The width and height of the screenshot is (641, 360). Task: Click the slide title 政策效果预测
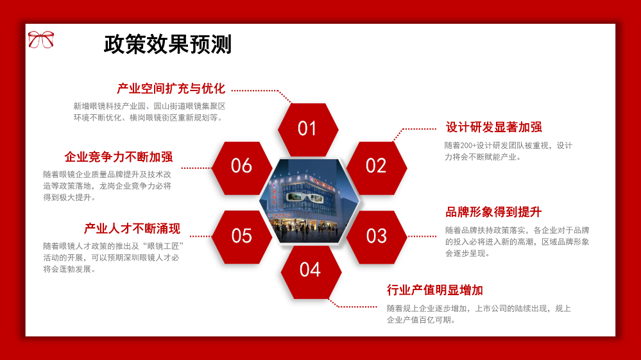click(167, 44)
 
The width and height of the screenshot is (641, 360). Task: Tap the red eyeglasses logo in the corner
click(41, 39)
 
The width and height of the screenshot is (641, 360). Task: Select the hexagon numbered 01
click(307, 129)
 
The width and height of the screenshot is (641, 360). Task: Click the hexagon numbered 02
click(376, 166)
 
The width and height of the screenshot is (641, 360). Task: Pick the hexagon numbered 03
click(377, 236)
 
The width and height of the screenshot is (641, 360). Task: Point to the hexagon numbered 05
click(242, 236)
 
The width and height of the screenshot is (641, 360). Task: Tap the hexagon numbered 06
click(242, 166)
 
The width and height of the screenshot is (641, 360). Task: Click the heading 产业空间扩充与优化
click(171, 89)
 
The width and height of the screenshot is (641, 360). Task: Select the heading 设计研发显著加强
click(493, 127)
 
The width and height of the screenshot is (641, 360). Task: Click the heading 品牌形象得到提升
click(493, 212)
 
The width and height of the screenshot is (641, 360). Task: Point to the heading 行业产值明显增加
click(435, 290)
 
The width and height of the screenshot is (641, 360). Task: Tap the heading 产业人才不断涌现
click(132, 228)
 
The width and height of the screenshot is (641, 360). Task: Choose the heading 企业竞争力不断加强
click(119, 157)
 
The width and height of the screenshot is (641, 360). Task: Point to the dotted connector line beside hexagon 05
click(201, 236)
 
